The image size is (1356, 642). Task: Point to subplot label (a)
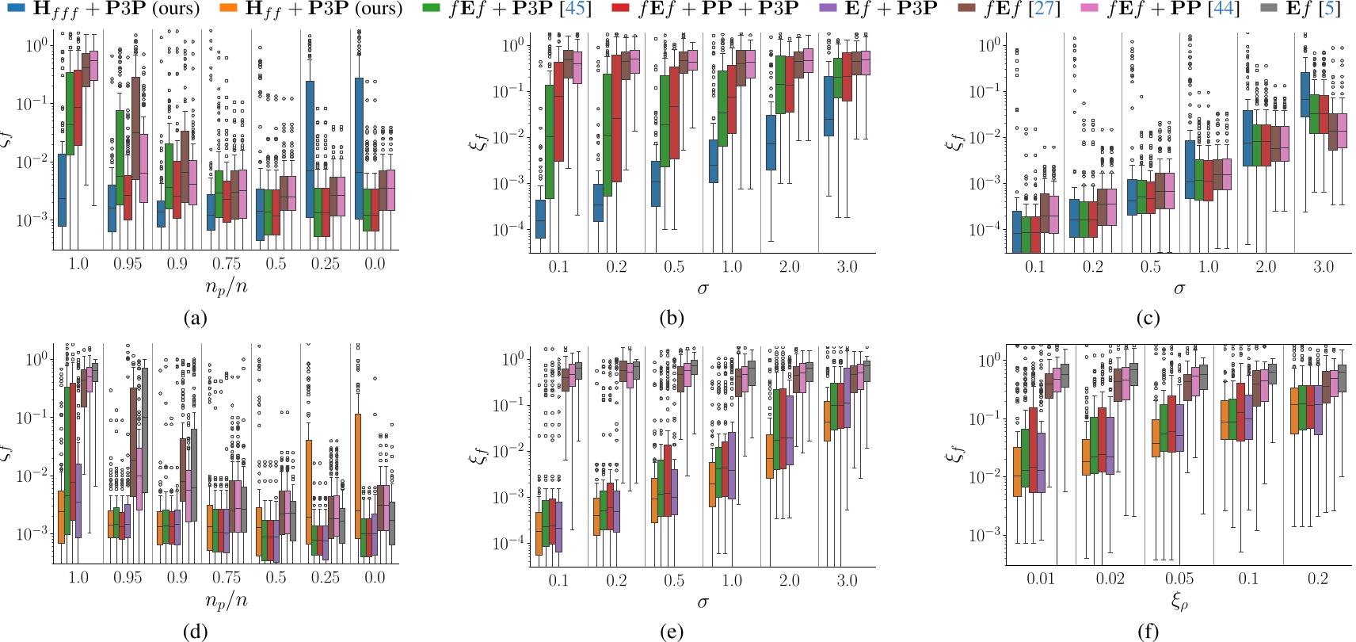pyautogui.click(x=195, y=319)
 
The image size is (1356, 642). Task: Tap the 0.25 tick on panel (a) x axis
pyautogui.click(x=326, y=264)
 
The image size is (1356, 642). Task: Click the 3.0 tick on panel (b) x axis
pyautogui.click(x=847, y=266)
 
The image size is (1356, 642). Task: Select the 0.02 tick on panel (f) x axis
pyautogui.click(x=1110, y=579)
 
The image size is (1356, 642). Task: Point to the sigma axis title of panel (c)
pyautogui.click(x=1179, y=289)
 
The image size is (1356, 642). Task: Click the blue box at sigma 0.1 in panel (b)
pyautogui.click(x=540, y=218)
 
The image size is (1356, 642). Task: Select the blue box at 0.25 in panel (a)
pyautogui.click(x=310, y=149)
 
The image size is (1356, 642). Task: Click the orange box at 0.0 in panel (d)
pyautogui.click(x=357, y=476)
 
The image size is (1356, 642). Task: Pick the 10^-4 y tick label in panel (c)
pyautogui.click(x=984, y=230)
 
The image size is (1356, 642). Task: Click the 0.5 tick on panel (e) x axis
pyautogui.click(x=674, y=580)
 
